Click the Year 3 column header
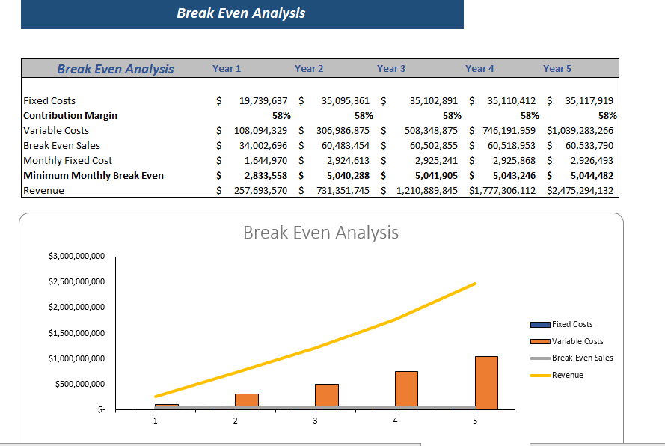pos(391,69)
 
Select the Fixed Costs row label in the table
pos(49,100)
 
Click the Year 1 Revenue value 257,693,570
pos(251,190)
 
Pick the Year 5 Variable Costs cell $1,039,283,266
pos(580,130)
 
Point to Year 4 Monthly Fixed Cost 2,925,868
pos(508,160)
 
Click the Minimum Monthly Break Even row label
pos(94,175)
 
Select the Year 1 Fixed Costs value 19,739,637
pos(263,100)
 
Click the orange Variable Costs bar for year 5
pos(486,382)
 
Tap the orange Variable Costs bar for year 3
pos(326,396)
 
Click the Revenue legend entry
pos(567,375)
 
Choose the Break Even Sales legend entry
pos(582,358)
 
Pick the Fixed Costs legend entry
pos(571,324)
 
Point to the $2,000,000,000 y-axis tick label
pos(76,308)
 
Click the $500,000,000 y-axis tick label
pos(80,384)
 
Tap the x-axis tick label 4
pos(395,421)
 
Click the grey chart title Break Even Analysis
pos(321,233)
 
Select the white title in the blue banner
pos(241,13)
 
